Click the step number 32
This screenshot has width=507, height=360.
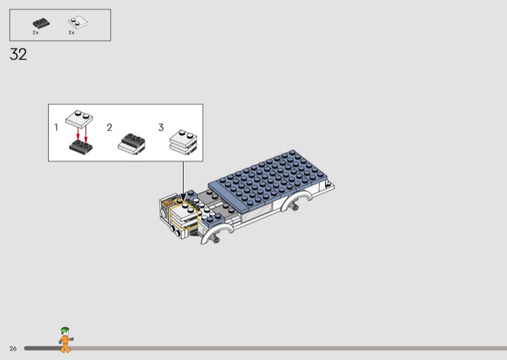pyautogui.click(x=18, y=55)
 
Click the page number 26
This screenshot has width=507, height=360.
pyautogui.click(x=13, y=349)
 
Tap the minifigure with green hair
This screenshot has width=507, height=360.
pyautogui.click(x=66, y=340)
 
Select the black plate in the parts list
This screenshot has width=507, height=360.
pyautogui.click(x=41, y=23)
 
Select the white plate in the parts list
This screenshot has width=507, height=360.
pyautogui.click(x=78, y=23)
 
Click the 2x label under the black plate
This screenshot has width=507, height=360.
pyautogui.click(x=35, y=33)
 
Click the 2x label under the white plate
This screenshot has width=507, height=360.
pyautogui.click(x=72, y=33)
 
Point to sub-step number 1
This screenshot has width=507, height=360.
pyautogui.click(x=56, y=127)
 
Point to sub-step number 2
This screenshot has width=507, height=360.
pyautogui.click(x=110, y=127)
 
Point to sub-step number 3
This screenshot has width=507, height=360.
pyautogui.click(x=161, y=127)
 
